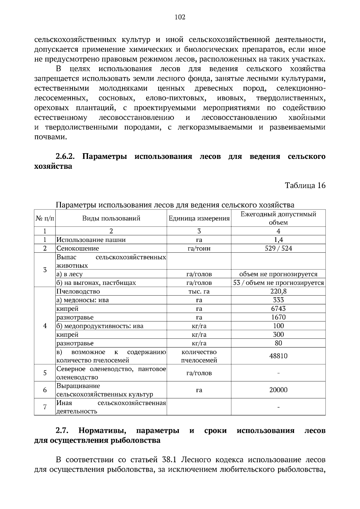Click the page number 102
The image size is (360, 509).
click(180, 17)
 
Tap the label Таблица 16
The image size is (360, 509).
click(305, 185)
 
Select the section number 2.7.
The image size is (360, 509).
click(62, 431)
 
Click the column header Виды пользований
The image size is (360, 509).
click(111, 218)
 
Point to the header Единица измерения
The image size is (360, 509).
click(199, 218)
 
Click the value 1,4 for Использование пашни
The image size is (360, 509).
click(278, 240)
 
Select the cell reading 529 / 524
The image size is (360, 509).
click(278, 248)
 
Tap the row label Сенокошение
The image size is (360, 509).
click(78, 249)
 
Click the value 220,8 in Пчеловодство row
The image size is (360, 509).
click(278, 291)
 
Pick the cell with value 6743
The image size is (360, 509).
click(278, 308)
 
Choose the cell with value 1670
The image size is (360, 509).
click(278, 317)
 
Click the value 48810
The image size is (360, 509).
click(278, 356)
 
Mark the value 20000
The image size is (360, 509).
click(278, 390)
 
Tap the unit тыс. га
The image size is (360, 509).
click(199, 291)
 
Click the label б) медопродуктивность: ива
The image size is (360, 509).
click(100, 326)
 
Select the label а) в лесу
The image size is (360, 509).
click(69, 274)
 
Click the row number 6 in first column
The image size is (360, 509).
click(45, 390)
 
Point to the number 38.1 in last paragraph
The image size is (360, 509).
click(172, 460)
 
